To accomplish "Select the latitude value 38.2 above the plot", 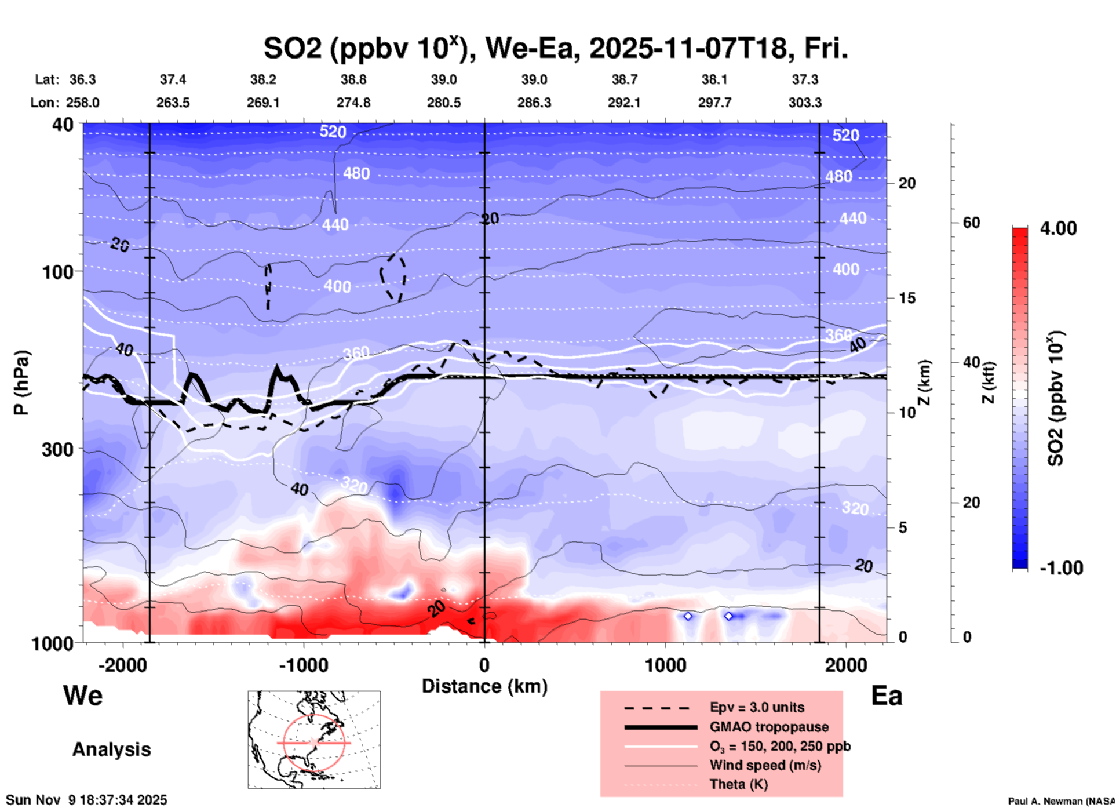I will (263, 79).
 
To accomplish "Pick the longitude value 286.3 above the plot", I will (534, 103).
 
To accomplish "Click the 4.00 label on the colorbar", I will (1058, 228).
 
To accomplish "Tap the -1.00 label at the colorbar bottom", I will (1061, 567).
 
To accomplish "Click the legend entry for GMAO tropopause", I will (769, 727).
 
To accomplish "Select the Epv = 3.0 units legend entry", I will (756, 707).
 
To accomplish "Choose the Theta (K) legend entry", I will (738, 784).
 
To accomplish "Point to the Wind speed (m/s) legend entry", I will (765, 765).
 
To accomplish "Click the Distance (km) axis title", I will (484, 686).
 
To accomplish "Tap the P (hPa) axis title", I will (21, 383).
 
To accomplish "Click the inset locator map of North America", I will (314, 739).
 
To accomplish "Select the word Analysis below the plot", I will (111, 749).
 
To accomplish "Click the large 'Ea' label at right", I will (887, 696).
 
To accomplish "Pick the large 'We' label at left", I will (83, 695).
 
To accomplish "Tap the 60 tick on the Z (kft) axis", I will (971, 223).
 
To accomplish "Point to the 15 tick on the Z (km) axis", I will (907, 298).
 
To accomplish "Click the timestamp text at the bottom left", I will (86, 800).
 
